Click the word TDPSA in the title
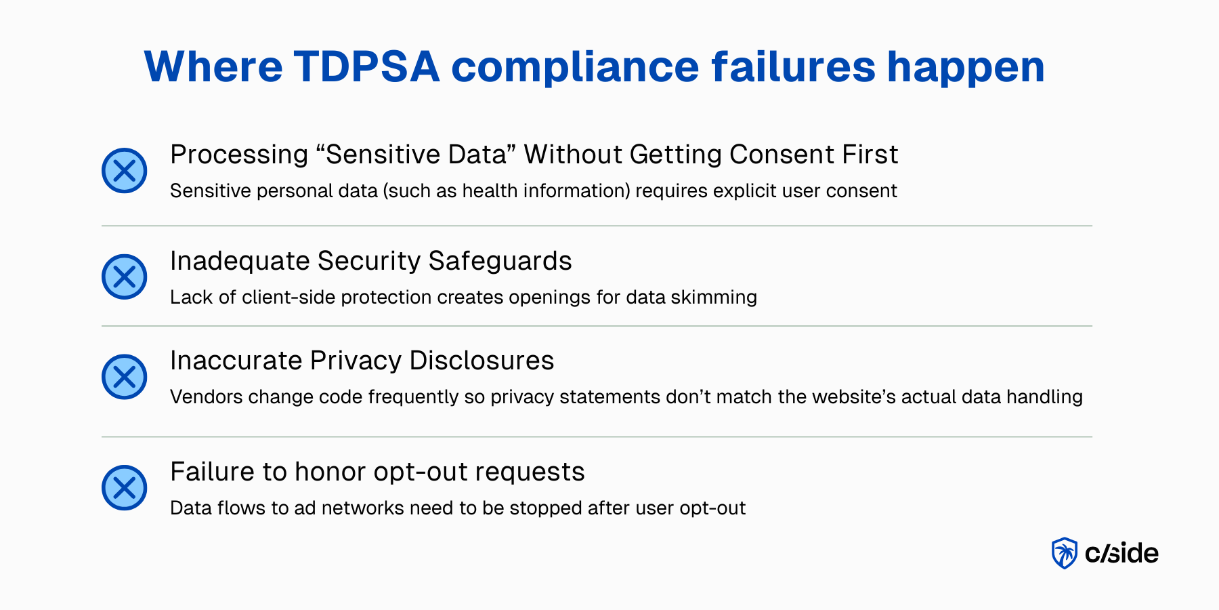click(x=366, y=66)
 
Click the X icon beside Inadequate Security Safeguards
click(x=125, y=277)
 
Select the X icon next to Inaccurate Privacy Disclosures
click(x=125, y=377)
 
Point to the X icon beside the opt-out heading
click(x=125, y=488)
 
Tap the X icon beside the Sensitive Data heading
click(x=125, y=171)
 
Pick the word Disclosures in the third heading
click(x=482, y=361)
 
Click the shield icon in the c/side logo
click(x=1064, y=553)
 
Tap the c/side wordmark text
click(x=1121, y=554)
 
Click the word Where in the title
click(x=213, y=66)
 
